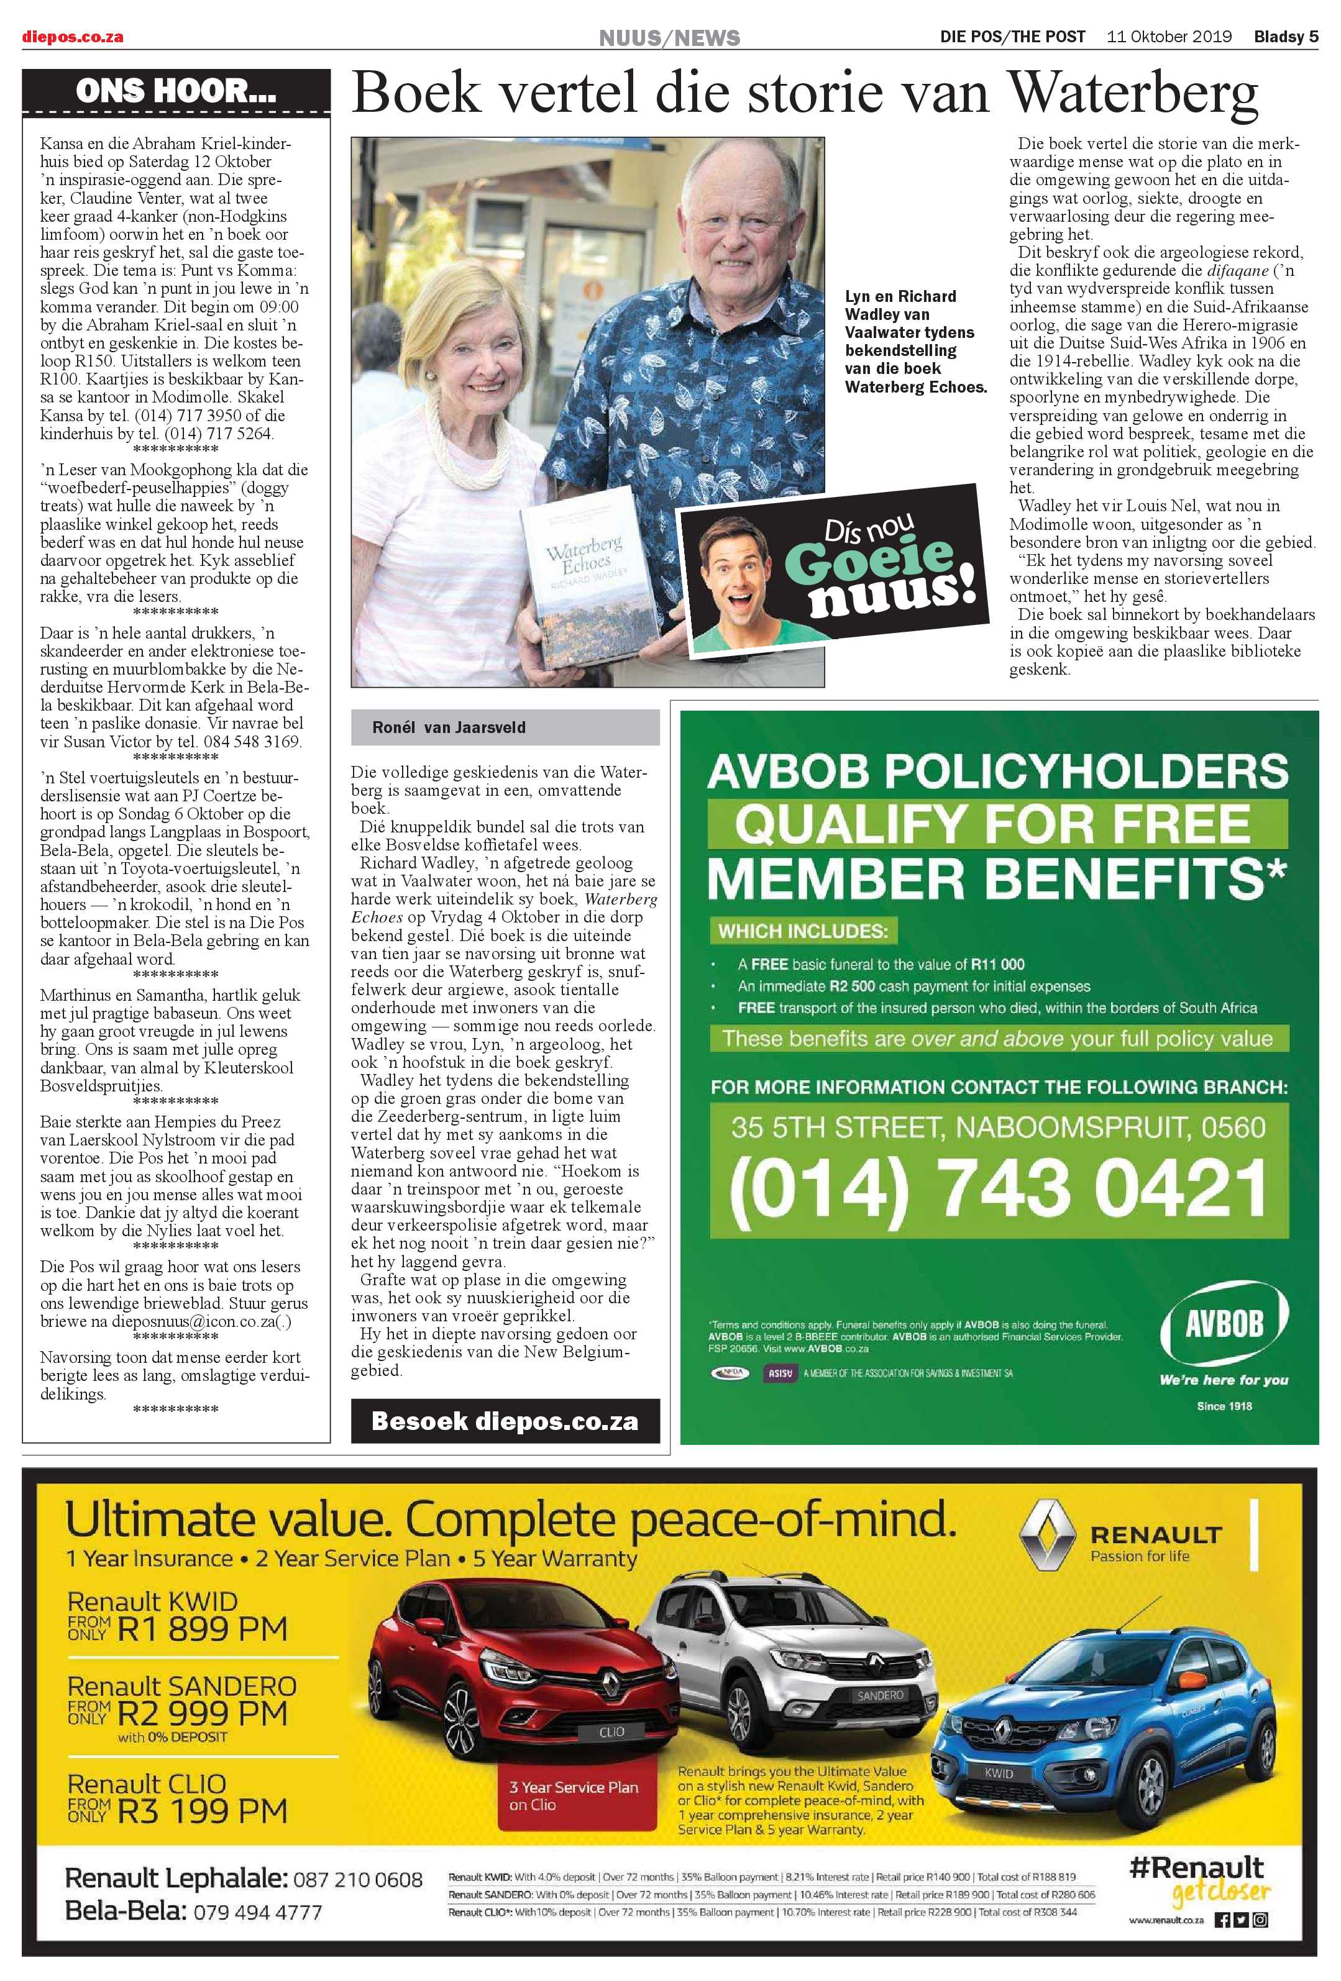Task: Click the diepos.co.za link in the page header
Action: (x=73, y=37)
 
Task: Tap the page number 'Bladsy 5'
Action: (x=1286, y=37)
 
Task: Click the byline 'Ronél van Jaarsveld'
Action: (x=449, y=727)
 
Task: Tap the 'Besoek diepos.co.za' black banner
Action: (x=505, y=1420)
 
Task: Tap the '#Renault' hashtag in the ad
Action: (x=1196, y=1866)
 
